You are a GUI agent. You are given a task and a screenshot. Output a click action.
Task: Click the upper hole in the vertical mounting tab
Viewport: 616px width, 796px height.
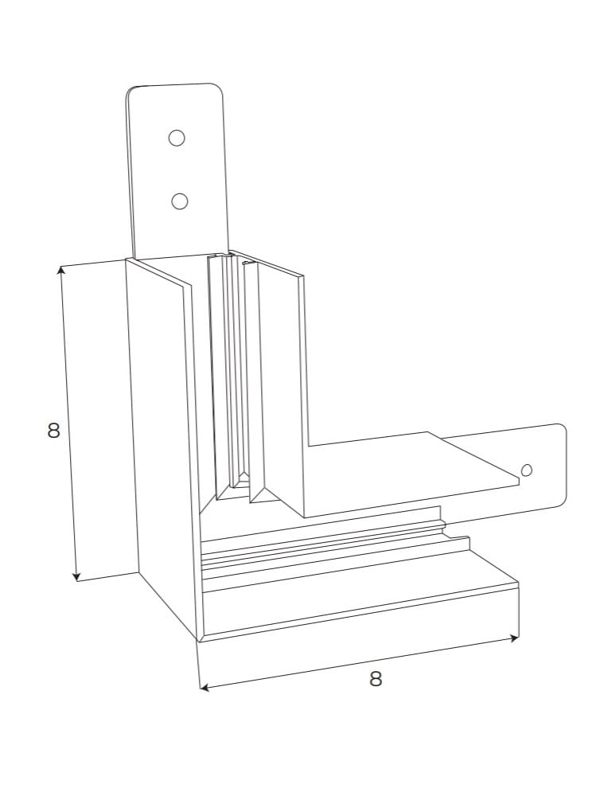(x=177, y=138)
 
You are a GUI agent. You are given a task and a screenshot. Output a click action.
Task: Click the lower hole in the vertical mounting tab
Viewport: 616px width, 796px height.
(x=180, y=201)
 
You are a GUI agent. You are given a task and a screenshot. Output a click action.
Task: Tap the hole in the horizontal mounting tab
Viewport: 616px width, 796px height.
(x=526, y=470)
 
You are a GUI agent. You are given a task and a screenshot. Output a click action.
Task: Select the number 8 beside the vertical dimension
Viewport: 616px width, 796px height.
(x=53, y=431)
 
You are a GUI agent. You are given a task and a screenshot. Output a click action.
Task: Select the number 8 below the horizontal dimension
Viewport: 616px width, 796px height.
(x=376, y=679)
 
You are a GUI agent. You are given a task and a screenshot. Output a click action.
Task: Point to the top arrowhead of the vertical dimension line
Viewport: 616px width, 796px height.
(x=60, y=270)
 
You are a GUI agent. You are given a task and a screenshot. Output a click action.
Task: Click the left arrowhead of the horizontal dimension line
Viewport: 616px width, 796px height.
(x=203, y=687)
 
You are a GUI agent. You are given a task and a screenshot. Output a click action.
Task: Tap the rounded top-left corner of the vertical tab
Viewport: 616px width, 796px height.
(x=132, y=91)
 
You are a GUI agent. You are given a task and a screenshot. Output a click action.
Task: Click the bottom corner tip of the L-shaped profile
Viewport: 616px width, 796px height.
(x=198, y=641)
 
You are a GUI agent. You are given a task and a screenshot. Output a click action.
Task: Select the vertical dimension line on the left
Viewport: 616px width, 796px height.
(x=68, y=422)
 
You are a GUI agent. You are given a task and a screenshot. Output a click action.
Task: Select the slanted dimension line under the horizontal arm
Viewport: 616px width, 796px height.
(x=358, y=662)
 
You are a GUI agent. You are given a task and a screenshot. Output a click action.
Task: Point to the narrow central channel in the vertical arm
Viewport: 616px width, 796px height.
(x=236, y=374)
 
